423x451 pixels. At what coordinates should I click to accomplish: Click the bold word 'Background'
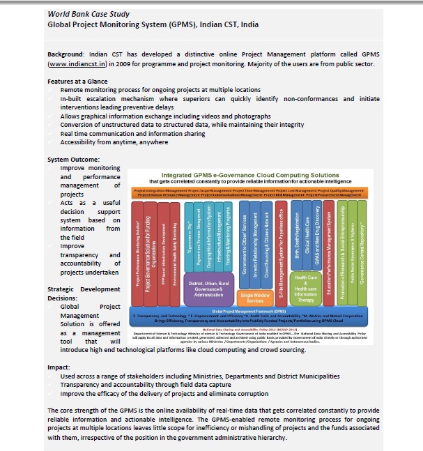click(x=67, y=54)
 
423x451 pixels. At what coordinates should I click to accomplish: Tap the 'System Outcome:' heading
click(x=73, y=160)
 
